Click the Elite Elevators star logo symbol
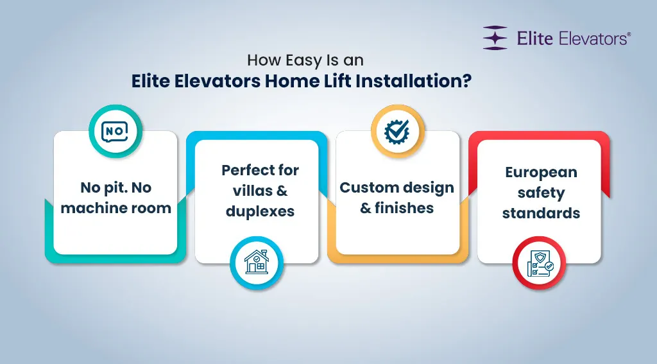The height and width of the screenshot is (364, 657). click(495, 38)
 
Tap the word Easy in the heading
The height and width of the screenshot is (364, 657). click(303, 61)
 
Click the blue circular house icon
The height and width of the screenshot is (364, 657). click(256, 261)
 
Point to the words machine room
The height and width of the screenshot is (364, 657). click(115, 208)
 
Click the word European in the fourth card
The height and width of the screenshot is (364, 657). click(541, 172)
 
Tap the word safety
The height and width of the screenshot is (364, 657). click(541, 193)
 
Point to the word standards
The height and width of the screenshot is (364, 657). click(541, 212)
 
